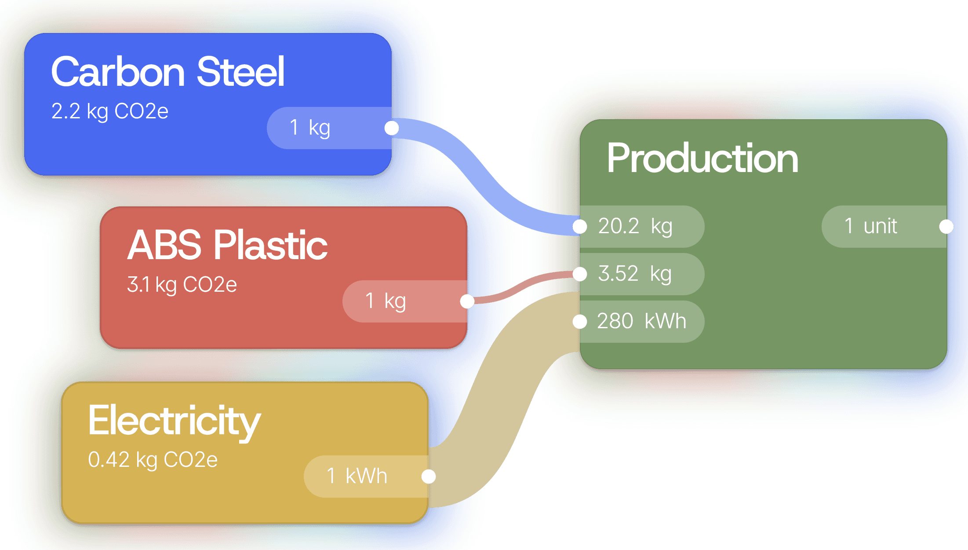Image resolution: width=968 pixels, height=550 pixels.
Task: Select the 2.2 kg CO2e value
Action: pos(109,111)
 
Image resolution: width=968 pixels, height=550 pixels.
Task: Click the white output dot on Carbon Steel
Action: pos(391,128)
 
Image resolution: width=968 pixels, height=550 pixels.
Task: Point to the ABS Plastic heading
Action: pos(227,245)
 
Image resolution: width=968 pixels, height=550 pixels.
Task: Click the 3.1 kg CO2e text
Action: pos(182,285)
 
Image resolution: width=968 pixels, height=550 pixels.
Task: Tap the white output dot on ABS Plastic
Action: pos(467,301)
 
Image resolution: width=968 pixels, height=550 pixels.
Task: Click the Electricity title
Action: pos(174,421)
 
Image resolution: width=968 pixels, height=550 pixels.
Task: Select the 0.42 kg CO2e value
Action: pos(153,460)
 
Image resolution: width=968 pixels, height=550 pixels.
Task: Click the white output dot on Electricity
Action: pos(428,477)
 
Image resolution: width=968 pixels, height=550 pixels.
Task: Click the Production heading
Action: pos(702,158)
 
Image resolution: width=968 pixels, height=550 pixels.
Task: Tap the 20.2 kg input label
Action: pos(636,227)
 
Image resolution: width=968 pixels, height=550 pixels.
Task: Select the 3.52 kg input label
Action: pos(635,274)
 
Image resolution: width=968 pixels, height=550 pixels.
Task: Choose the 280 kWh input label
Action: pos(641,321)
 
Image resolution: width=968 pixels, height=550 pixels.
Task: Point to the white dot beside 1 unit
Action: pos(946,227)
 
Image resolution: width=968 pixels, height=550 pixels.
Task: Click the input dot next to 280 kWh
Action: pos(580,322)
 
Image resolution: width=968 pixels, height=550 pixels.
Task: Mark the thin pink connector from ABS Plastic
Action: pos(523,286)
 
